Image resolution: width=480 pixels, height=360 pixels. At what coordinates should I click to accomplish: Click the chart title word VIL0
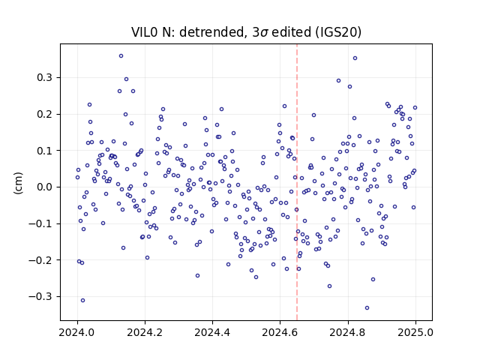145,32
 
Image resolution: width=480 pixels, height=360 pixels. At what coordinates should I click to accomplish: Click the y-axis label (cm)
18,183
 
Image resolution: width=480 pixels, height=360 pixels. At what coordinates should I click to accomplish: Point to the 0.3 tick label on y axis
45,78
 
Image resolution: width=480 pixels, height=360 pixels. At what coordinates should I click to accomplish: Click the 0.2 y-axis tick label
45,114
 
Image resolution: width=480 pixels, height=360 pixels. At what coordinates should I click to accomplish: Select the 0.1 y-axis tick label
45,151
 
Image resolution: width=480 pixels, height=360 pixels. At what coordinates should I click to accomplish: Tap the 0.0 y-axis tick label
45,187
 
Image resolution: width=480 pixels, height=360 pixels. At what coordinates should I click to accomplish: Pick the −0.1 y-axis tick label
40,223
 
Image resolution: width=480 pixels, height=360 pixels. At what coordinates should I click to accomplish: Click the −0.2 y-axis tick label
40,260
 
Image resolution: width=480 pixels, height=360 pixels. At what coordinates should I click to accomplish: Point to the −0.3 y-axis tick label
40,297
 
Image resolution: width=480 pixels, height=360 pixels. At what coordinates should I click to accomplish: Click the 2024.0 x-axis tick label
77,332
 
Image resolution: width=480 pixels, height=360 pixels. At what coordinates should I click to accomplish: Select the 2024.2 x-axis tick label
145,332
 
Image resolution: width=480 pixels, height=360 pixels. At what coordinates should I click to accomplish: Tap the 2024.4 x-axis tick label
212,332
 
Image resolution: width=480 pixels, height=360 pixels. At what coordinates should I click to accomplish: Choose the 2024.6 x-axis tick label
280,332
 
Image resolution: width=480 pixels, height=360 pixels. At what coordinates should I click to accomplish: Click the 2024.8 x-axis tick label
348,332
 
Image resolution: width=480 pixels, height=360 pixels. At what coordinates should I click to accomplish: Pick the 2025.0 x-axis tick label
415,332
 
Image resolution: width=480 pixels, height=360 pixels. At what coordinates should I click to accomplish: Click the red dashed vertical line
297,182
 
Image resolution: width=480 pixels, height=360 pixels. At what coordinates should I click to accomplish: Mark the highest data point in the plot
121,56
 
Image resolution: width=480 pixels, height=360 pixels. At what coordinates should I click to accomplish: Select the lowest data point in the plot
367,308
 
